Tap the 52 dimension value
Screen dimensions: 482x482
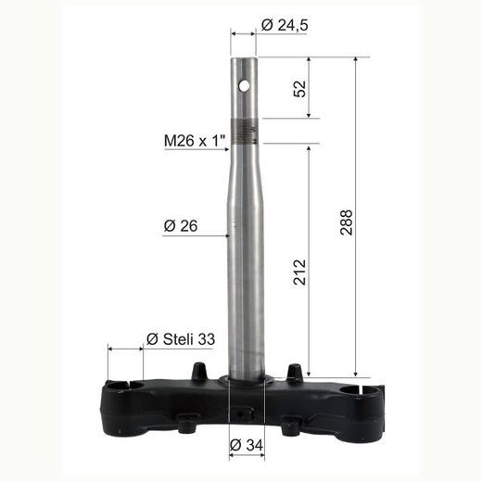tap(300, 89)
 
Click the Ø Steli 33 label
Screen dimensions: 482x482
tap(181, 340)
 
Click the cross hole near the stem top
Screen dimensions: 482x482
tap(246, 85)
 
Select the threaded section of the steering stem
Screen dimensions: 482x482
tap(245, 134)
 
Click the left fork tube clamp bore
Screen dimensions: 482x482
tap(120, 386)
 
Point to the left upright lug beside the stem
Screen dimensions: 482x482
tap(197, 373)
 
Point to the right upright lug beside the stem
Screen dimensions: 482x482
tap(295, 374)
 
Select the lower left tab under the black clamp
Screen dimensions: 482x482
tap(186, 425)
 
